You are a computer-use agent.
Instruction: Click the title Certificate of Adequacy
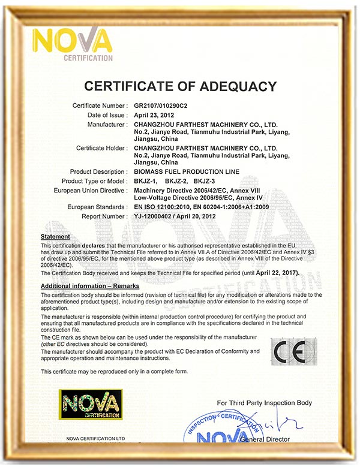coord(180,86)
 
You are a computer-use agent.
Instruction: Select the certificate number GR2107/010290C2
coord(161,106)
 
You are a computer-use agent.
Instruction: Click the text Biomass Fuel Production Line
coord(187,172)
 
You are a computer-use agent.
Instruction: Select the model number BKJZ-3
coord(205,181)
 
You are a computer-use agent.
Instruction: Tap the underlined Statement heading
coord(55,237)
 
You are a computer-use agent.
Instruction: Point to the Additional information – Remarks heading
coord(90,287)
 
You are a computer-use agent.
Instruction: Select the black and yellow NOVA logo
coord(90,404)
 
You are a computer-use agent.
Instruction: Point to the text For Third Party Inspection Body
coord(265,402)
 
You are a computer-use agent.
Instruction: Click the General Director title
coord(265,439)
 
